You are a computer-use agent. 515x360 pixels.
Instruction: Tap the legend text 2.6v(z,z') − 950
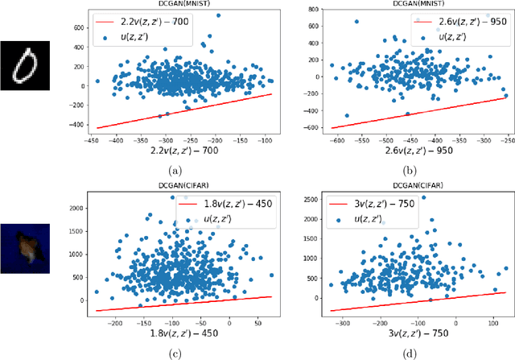(460, 18)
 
